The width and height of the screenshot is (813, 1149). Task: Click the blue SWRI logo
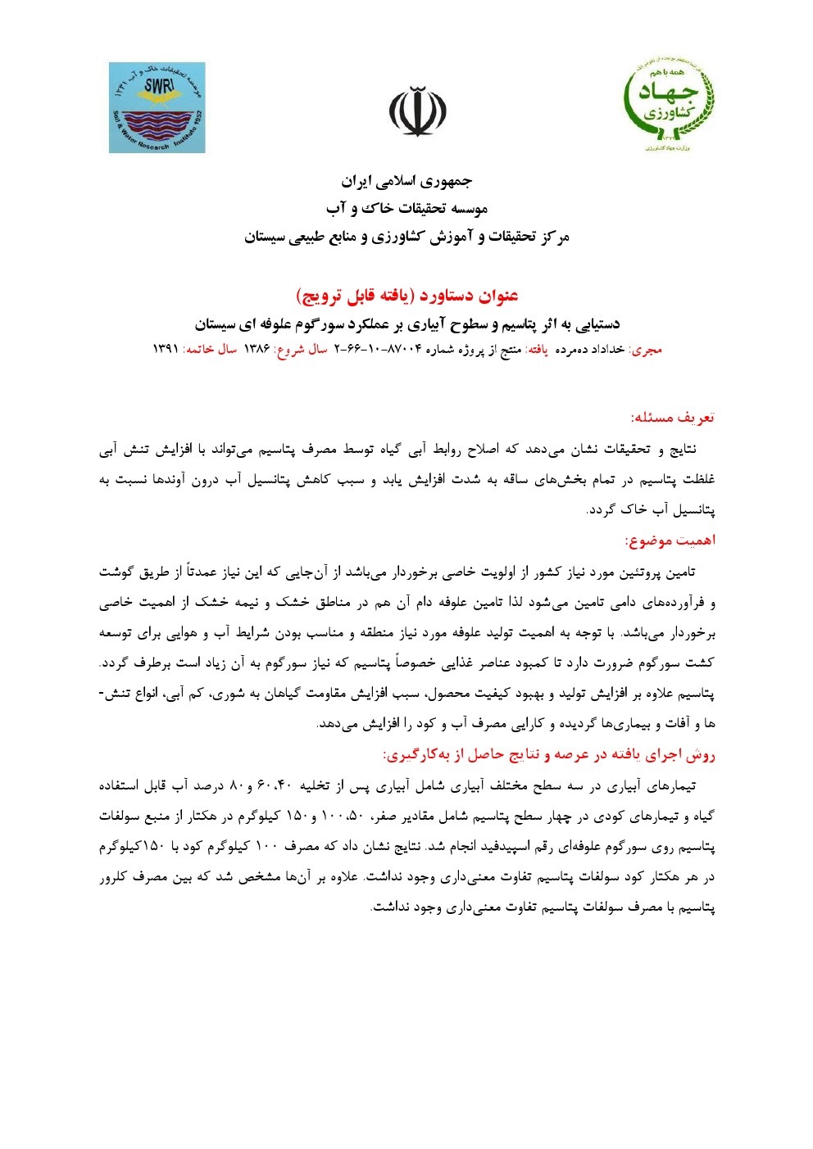click(157, 107)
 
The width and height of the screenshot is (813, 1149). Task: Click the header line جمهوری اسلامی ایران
click(406, 181)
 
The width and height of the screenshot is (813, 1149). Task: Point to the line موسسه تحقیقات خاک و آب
click(406, 209)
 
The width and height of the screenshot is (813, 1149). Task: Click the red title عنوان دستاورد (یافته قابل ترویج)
click(406, 296)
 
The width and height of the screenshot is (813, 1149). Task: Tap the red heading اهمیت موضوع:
click(670, 541)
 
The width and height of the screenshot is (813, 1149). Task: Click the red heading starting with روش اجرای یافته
click(548, 755)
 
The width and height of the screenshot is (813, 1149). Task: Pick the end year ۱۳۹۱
click(166, 350)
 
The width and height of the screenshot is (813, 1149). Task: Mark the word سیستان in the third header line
click(265, 237)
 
